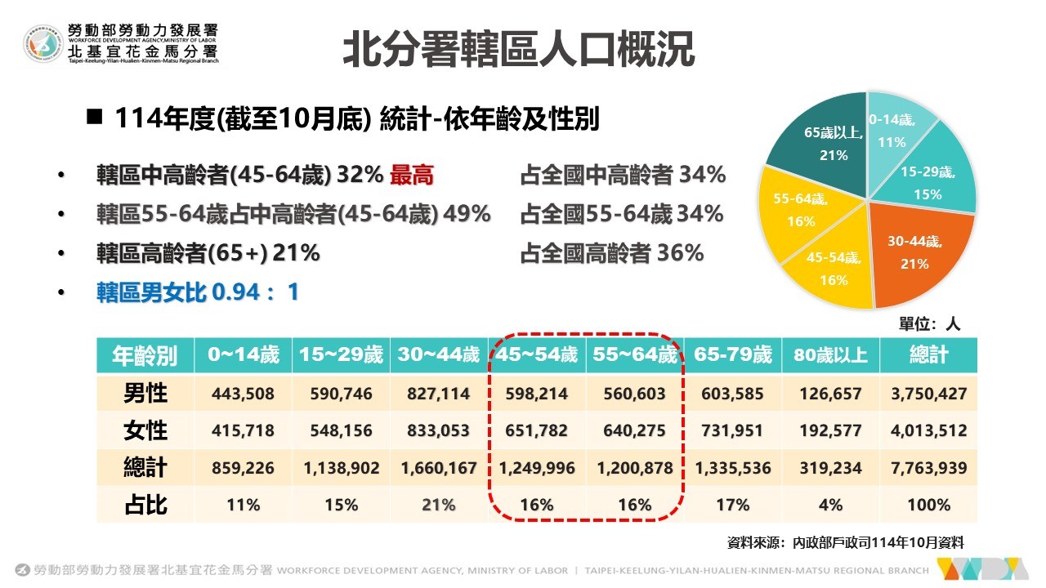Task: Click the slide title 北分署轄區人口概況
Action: pyautogui.click(x=518, y=50)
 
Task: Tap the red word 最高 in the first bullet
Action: pyautogui.click(x=411, y=175)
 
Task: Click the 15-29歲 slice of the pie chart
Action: pyautogui.click(x=932, y=180)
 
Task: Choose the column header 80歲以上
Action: pyautogui.click(x=830, y=355)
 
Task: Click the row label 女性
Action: pyautogui.click(x=145, y=430)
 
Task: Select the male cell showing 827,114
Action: pyautogui.click(x=439, y=394)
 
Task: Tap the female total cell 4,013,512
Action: pyautogui.click(x=928, y=430)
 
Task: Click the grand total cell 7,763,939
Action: pyautogui.click(x=928, y=468)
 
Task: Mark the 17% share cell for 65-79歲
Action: pyautogui.click(x=732, y=505)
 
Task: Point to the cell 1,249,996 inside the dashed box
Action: pyautogui.click(x=536, y=468)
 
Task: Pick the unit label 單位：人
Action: pyautogui.click(x=930, y=323)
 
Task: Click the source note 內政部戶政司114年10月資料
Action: pyautogui.click(x=845, y=541)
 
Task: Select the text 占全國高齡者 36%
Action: pyautogui.click(x=611, y=253)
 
